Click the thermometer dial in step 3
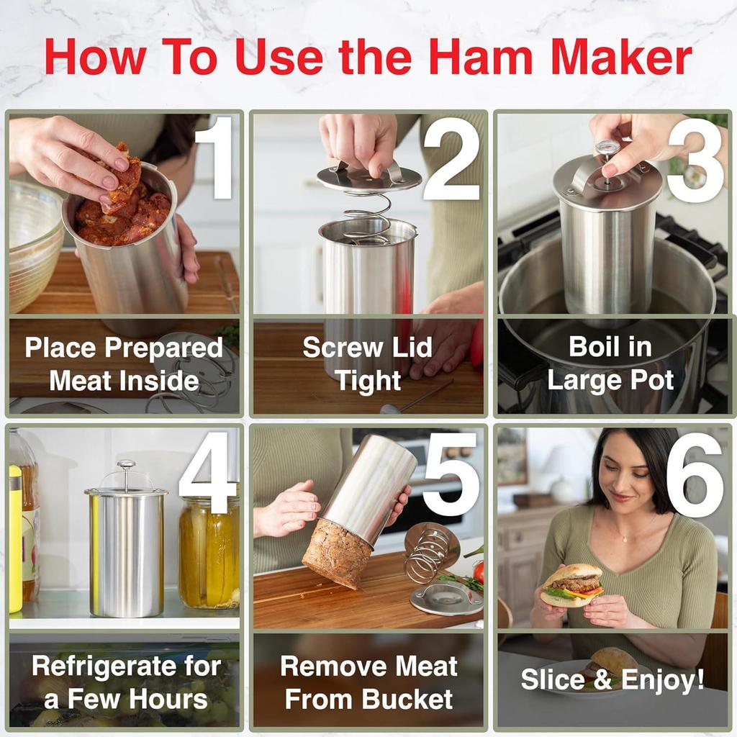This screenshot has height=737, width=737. (x=607, y=148)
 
